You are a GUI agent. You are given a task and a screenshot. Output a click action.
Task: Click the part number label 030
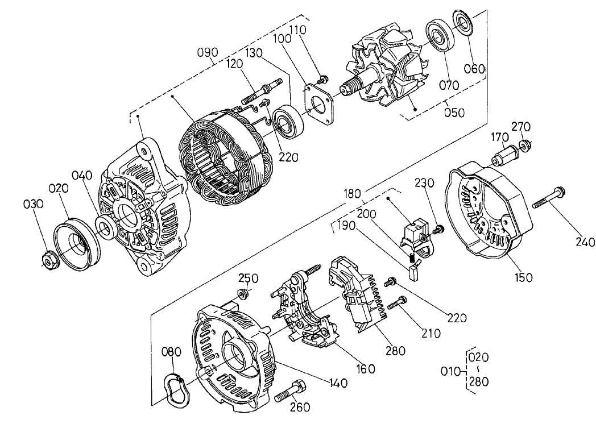[x=34, y=203]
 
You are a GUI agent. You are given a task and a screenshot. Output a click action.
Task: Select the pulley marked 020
[x=76, y=239]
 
